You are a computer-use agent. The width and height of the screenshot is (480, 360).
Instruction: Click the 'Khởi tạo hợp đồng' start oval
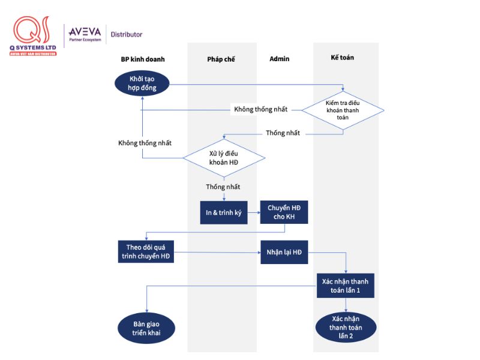[142, 83]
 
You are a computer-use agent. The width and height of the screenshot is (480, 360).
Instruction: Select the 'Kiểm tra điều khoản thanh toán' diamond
[343, 109]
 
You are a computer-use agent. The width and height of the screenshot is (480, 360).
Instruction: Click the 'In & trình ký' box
[224, 212]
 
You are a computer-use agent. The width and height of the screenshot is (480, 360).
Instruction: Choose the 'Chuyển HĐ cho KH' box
[284, 212]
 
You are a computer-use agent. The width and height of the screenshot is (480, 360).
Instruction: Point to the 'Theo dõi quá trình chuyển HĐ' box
[146, 253]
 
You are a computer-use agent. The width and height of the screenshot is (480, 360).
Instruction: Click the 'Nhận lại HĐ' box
[284, 253]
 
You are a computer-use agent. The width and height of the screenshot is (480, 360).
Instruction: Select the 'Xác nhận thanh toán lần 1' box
[346, 285]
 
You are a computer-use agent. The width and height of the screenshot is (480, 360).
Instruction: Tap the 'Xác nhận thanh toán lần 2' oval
[346, 327]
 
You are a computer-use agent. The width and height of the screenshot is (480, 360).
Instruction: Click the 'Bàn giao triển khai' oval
[146, 328]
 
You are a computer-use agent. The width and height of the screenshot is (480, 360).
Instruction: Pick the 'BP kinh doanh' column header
[143, 59]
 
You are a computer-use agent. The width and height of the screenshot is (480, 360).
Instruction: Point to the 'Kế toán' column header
[343, 58]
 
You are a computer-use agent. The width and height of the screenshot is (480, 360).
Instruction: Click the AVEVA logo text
[85, 31]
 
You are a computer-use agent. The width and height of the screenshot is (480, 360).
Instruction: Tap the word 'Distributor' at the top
[127, 35]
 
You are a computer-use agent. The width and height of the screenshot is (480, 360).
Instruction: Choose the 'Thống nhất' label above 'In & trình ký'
[223, 187]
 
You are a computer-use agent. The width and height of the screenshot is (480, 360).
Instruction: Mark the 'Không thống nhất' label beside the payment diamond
[260, 109]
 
